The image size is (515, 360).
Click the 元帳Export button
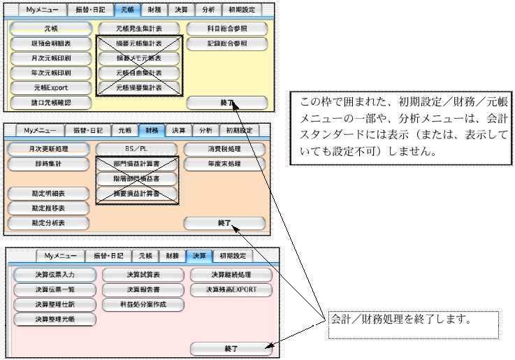coord(51,87)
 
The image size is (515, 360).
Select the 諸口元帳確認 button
coord(51,102)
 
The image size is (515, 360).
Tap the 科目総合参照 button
coord(227,29)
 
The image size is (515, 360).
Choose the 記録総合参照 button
coord(227,43)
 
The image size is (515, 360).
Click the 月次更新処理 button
coord(49,149)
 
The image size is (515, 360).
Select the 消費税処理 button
coord(224,149)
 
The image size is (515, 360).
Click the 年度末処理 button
coord(224,164)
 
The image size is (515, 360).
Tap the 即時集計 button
coord(49,164)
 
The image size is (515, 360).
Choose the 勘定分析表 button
coord(49,223)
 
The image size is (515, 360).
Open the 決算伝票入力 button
coord(55,274)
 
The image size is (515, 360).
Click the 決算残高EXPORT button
coord(231,289)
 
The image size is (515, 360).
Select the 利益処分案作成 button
coord(143,304)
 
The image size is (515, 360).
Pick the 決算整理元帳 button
coord(55,319)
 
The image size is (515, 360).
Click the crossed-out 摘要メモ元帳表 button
coord(139,58)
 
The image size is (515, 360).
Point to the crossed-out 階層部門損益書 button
coord(136,178)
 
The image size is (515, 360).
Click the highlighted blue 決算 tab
coord(201,256)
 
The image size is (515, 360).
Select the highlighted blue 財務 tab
coord(152,130)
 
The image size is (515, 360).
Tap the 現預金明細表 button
coord(51,43)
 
